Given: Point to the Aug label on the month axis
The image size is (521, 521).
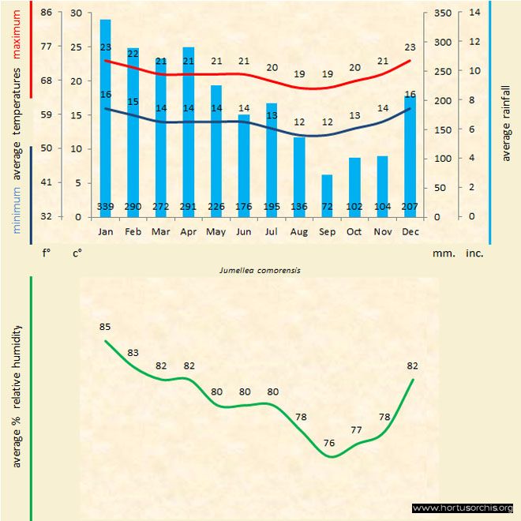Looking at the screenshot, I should coord(299,232).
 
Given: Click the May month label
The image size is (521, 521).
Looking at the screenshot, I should coord(216,232).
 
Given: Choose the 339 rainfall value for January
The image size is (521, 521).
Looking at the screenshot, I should coord(106,207).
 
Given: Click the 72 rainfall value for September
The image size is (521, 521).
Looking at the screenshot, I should coord(327,207).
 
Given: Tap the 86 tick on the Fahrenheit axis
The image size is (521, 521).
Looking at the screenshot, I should coord(47,13).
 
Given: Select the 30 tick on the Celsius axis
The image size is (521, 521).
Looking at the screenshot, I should coord(77,13).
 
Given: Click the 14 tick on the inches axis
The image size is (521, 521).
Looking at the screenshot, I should coord(474,13).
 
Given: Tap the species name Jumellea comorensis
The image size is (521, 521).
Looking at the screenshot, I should coord(260,270).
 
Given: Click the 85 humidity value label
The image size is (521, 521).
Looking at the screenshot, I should coord(106,327).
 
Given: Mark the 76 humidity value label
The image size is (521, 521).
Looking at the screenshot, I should coord(329,443).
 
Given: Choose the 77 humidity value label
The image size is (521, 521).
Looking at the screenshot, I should coord(357,430).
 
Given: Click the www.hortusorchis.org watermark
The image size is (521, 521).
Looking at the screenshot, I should coord(463,508).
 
